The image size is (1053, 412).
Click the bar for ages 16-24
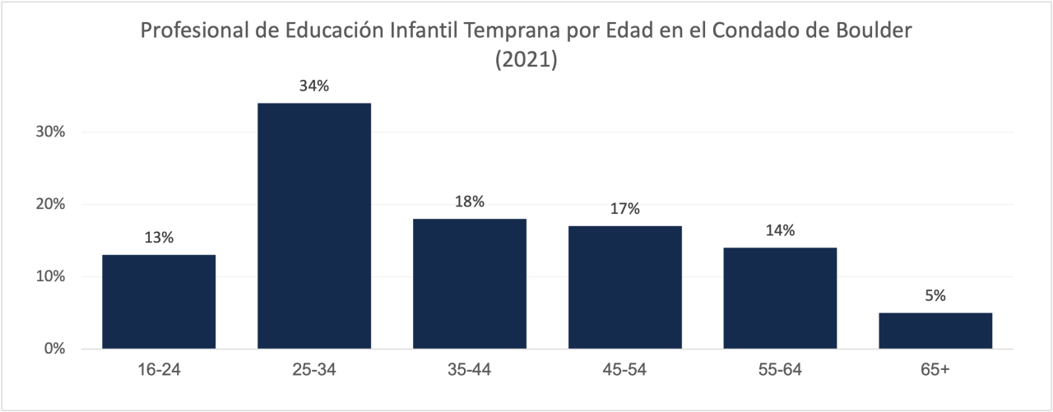[x=159, y=302]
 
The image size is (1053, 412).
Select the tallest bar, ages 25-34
[x=314, y=226]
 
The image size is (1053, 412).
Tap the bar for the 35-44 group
[x=470, y=284]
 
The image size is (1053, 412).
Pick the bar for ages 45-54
[x=625, y=287]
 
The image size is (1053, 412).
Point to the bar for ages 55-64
[x=781, y=298]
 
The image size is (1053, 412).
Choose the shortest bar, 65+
[x=935, y=331]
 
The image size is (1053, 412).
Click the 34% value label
[x=314, y=86]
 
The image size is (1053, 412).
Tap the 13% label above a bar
[x=159, y=238]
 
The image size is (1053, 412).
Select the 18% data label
[x=470, y=201]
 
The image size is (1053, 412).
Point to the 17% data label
[x=625, y=209]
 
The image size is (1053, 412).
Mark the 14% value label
[x=781, y=230]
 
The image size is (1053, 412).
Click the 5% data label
[x=935, y=296]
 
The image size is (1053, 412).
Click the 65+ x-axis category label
[x=935, y=370]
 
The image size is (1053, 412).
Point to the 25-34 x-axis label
[x=314, y=370]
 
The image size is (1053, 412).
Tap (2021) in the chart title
[x=526, y=60]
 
